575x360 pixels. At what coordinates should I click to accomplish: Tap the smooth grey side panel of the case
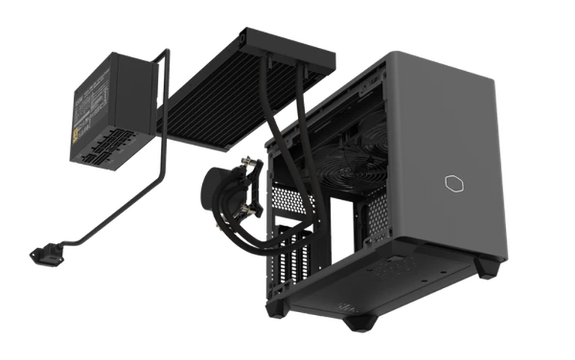457,150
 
